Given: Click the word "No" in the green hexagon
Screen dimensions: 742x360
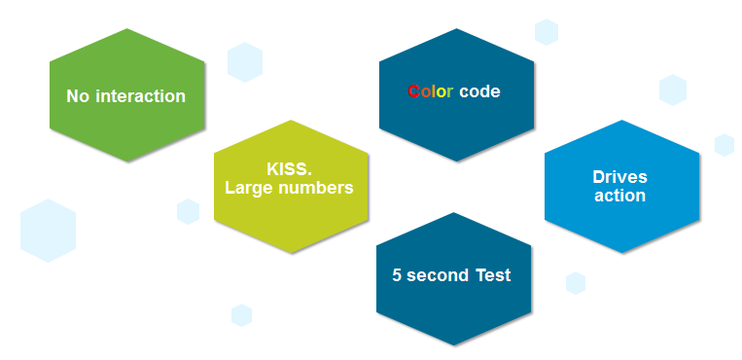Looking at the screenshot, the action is (78, 96).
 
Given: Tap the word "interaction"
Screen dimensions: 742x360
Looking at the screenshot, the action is (141, 96).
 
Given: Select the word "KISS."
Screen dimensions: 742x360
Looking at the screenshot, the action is (290, 169).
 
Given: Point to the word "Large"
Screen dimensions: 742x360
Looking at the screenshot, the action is (249, 188).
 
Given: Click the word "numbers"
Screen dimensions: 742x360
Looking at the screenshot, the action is (316, 188).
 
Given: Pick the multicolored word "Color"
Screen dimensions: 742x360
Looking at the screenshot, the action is (431, 91).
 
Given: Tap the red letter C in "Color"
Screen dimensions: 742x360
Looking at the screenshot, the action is (413, 91).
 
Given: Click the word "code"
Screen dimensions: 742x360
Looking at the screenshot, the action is (479, 91).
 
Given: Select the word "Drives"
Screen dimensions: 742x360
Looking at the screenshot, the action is (619, 177).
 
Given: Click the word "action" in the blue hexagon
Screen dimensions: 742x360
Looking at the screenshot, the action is (619, 196).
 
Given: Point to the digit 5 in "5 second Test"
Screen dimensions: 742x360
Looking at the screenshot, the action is (397, 275).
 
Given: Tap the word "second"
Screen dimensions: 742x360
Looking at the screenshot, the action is (439, 275).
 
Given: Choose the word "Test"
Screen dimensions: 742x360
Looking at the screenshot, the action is (494, 275).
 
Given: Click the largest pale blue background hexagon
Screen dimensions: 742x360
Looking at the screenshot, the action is (48, 231).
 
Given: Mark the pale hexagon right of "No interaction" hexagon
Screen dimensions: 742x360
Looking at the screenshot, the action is (245, 62).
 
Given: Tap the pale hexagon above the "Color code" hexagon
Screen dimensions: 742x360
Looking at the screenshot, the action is (547, 32).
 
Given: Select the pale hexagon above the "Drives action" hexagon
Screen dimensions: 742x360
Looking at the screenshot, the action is (672, 90).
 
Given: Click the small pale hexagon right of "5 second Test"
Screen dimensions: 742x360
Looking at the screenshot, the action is (576, 283).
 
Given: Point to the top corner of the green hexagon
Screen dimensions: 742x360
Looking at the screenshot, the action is (126, 28).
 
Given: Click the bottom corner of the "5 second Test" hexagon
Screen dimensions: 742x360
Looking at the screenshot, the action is (454, 345).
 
